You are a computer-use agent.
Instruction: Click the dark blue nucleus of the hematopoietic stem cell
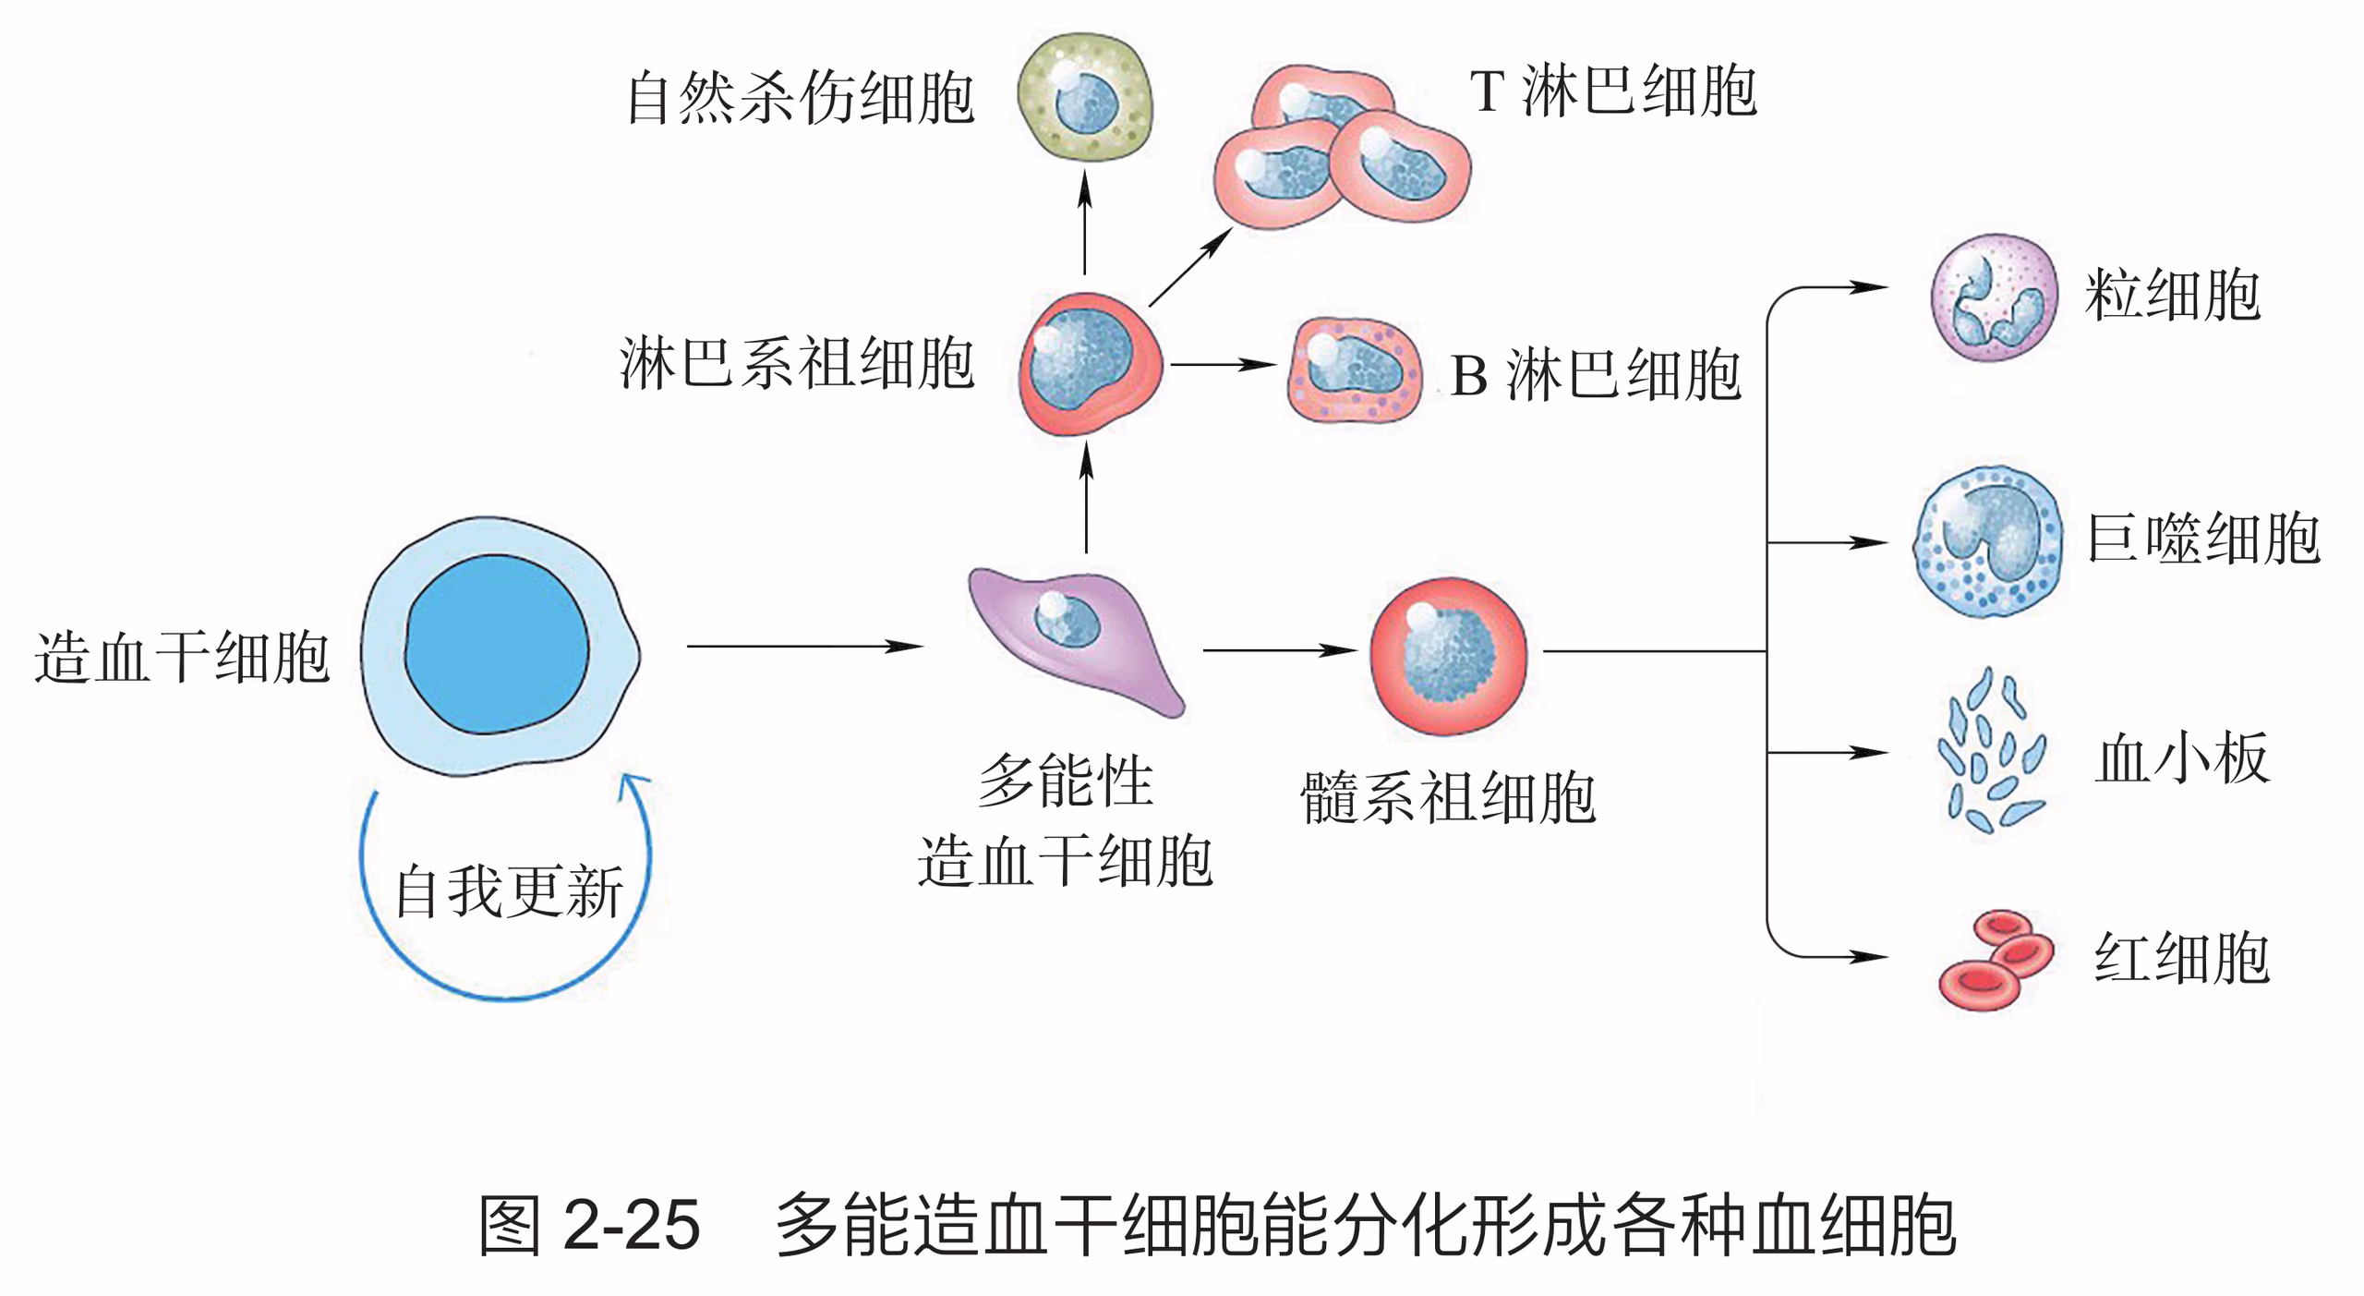[x=497, y=644]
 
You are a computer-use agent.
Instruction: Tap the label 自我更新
[x=509, y=891]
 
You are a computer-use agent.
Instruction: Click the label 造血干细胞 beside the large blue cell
[x=182, y=658]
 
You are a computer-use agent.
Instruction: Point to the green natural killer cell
[x=1085, y=97]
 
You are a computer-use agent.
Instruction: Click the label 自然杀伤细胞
[x=800, y=97]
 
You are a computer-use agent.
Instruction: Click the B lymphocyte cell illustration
[x=1354, y=369]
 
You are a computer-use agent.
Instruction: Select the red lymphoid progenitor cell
[x=1089, y=363]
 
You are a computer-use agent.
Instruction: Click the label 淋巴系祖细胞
[x=797, y=363]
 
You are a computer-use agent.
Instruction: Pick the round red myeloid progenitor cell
[x=1447, y=656]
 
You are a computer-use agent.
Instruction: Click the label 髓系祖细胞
[x=1447, y=797]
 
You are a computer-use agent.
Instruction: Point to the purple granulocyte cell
[x=1994, y=297]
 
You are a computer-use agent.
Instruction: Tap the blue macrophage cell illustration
[x=1988, y=541]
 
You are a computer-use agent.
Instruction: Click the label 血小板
[x=2181, y=757]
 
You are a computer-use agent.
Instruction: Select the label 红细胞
[x=2181, y=957]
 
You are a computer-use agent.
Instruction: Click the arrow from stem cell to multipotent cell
[x=803, y=647]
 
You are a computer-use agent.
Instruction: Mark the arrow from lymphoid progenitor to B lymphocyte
[x=1223, y=364]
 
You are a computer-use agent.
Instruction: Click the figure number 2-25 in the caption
[x=632, y=1226]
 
